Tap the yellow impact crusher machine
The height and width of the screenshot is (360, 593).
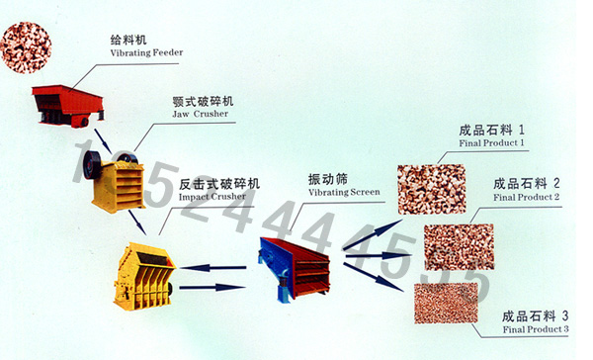pyautogui.click(x=144, y=270)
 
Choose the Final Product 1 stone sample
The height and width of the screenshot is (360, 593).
pyautogui.click(x=431, y=189)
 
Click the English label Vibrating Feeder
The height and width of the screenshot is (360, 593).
pyautogui.click(x=147, y=51)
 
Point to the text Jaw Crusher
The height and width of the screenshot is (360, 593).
pyautogui.click(x=201, y=115)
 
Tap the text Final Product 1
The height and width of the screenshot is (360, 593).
pyautogui.click(x=492, y=143)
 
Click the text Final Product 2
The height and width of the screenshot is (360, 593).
pyautogui.click(x=527, y=197)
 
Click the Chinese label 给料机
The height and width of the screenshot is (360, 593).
pyautogui.click(x=128, y=39)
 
